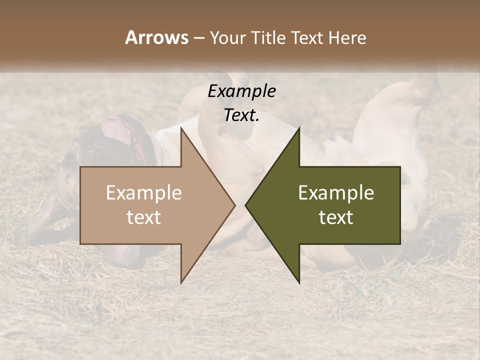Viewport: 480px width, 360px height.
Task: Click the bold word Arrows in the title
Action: point(156,37)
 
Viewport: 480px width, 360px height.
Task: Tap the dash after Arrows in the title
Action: point(199,38)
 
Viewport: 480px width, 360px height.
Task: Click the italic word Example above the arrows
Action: point(241,91)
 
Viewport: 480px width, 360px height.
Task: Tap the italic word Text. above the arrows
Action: point(241,115)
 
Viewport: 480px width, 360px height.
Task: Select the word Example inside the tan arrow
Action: point(144,193)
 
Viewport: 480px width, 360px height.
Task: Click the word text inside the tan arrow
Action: point(144,217)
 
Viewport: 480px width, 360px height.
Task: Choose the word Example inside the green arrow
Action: point(336,193)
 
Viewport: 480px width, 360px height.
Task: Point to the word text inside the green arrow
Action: point(336,217)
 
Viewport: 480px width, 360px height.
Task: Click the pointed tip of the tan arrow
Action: point(235,205)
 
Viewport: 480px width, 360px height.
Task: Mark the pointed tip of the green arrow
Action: point(245,205)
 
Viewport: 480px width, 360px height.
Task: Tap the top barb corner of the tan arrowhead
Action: point(181,127)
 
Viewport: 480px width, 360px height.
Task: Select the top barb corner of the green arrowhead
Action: point(299,127)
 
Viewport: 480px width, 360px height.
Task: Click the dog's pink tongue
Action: point(116,131)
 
